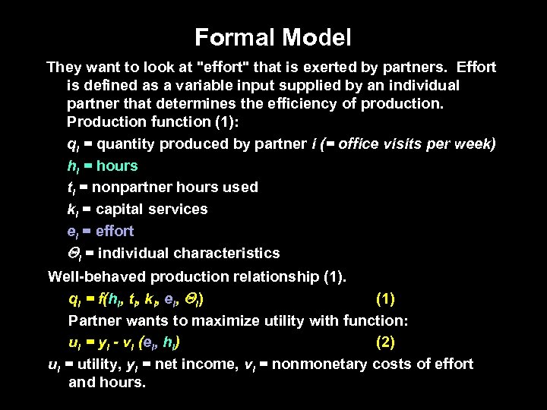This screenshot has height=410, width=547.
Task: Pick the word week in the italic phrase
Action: pos(476,143)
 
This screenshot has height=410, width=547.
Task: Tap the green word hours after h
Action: pos(117,166)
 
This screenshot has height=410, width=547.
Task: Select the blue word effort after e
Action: pos(115,231)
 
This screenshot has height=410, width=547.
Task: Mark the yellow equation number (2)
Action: pos(384,342)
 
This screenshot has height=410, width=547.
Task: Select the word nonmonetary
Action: pos(320,364)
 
